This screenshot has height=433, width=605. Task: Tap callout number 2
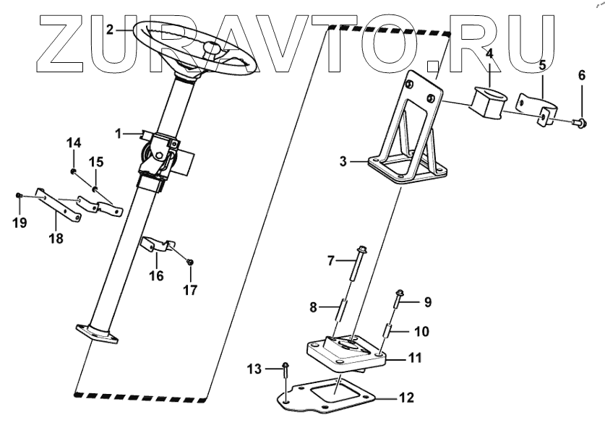tap(110, 30)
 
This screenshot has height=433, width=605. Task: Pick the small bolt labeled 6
tap(579, 124)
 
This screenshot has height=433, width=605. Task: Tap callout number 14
tap(74, 142)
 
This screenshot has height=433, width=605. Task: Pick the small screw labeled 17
tap(189, 262)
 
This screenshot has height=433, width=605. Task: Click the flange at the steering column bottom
tap(100, 335)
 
